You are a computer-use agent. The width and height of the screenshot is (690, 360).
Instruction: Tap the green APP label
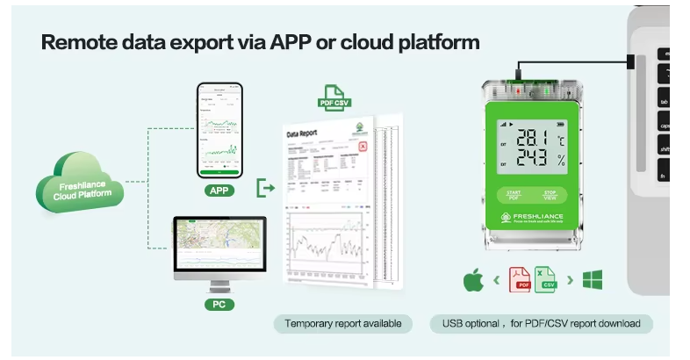219,190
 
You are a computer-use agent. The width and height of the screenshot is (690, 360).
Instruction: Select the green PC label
219,304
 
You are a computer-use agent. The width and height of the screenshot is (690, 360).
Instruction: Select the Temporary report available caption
342,324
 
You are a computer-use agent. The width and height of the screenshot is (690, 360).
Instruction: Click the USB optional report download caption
541,324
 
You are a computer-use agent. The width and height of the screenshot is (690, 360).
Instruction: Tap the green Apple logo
473,281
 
